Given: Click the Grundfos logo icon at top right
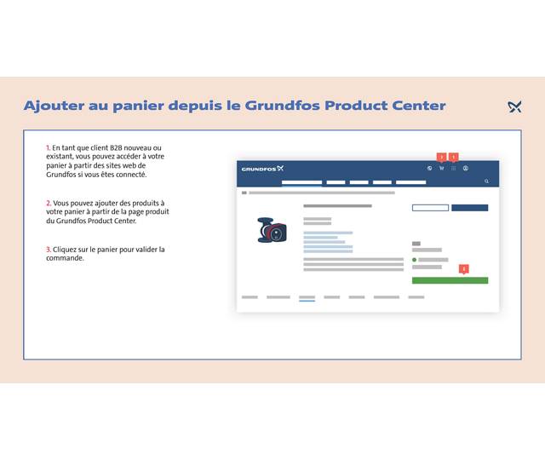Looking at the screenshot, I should pyautogui.click(x=514, y=106).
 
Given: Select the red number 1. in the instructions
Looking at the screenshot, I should pyautogui.click(x=49, y=148).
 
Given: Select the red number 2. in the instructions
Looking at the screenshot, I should pyautogui.click(x=49, y=204).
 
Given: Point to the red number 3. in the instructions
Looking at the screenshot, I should pyautogui.click(x=49, y=250).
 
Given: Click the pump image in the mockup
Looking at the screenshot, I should pyautogui.click(x=272, y=231).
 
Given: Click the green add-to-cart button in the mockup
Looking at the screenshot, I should pyautogui.click(x=450, y=280).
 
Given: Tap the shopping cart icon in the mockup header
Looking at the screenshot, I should pyautogui.click(x=441, y=169).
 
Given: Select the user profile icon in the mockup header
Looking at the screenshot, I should pyautogui.click(x=466, y=169).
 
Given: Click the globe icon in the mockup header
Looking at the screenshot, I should pyautogui.click(x=429, y=169).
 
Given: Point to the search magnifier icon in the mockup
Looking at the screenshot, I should pyautogui.click(x=487, y=181).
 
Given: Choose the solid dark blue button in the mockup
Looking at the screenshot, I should pyautogui.click(x=469, y=208).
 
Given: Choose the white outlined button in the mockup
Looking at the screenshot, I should pyautogui.click(x=430, y=208).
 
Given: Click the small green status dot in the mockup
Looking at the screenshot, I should pyautogui.click(x=415, y=260).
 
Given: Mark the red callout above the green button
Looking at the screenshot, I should pyautogui.click(x=464, y=268).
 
